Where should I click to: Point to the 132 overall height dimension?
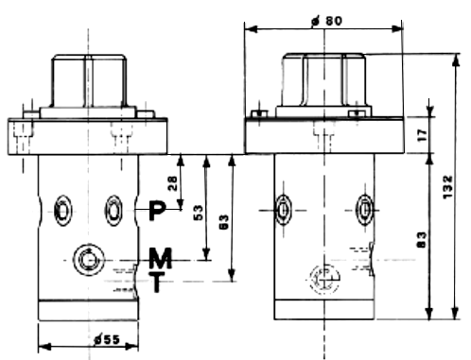(x=459, y=189)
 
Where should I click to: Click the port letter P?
(x=157, y=210)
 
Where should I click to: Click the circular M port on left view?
(x=88, y=258)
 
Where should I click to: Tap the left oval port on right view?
(x=282, y=209)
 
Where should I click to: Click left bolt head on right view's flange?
(x=257, y=116)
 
